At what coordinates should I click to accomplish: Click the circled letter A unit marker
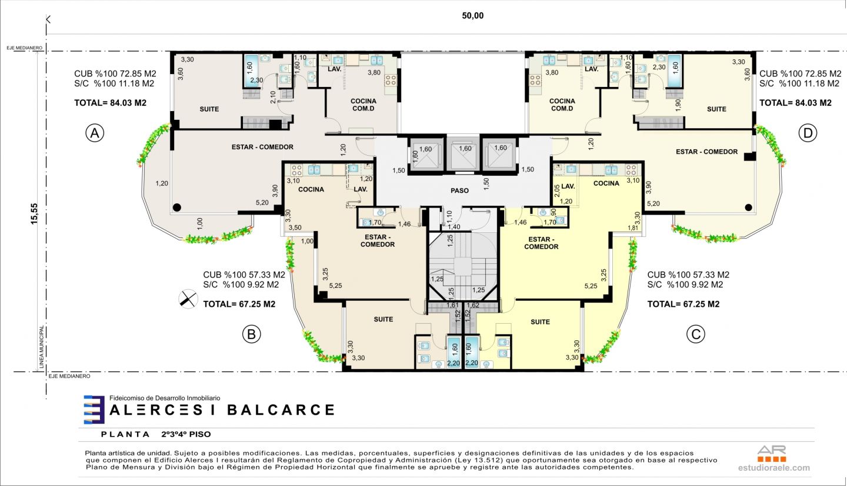click(x=95, y=133)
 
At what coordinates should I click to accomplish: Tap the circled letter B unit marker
click(x=252, y=334)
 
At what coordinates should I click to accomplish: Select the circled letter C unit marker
click(x=696, y=334)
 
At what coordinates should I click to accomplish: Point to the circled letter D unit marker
click(x=808, y=133)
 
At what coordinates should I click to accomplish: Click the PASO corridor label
click(x=459, y=191)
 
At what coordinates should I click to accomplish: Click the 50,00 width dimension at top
click(x=473, y=15)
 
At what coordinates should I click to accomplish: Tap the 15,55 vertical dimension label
click(x=34, y=214)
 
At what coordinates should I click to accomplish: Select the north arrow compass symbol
click(x=188, y=299)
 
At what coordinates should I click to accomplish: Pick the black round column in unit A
click(x=176, y=207)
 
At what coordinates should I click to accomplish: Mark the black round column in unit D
click(x=748, y=207)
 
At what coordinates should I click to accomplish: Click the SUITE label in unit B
click(x=384, y=319)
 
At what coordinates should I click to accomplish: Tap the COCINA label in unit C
click(x=606, y=183)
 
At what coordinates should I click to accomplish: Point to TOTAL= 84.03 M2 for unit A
click(x=110, y=103)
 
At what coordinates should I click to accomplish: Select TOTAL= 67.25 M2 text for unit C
click(x=683, y=304)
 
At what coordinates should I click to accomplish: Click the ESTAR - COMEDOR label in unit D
click(x=707, y=152)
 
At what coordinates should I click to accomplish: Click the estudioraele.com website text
click(x=774, y=468)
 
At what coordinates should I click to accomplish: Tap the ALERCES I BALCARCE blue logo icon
click(x=94, y=410)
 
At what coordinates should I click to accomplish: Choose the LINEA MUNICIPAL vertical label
click(x=42, y=347)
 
